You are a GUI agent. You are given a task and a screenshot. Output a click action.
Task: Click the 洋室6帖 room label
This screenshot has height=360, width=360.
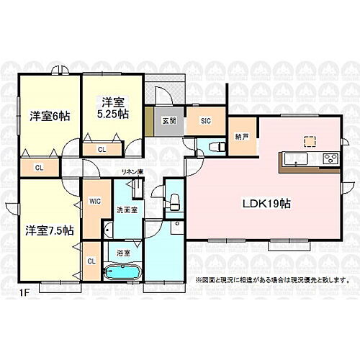point(48,116)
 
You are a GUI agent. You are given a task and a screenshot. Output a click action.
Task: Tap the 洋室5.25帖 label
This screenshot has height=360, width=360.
point(109,109)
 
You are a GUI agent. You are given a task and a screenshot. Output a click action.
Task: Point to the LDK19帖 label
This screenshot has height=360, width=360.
point(266,204)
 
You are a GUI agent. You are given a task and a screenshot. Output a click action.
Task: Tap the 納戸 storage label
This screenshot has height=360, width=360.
point(241,138)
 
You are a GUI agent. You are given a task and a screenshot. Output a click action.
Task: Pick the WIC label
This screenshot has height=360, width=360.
point(94,202)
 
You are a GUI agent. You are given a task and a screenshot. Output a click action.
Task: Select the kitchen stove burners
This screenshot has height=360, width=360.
point(330,159)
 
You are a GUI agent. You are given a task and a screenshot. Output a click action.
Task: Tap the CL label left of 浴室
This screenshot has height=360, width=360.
point(92,261)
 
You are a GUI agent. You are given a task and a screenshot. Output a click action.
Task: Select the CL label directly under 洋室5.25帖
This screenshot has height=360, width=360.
point(102,149)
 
